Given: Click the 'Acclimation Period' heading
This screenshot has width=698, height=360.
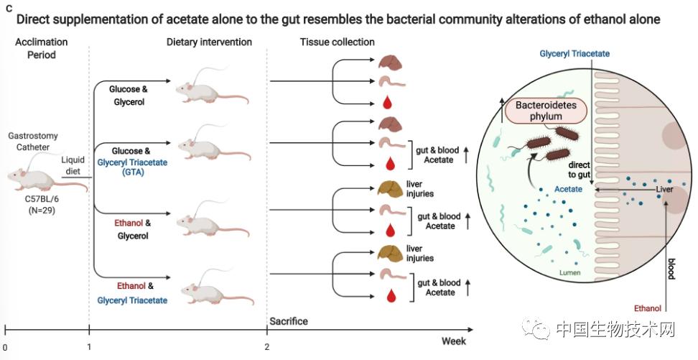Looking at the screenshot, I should (x=41, y=48).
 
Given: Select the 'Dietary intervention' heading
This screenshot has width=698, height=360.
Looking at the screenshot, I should (x=209, y=42).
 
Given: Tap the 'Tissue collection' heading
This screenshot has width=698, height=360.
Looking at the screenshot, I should (x=337, y=42).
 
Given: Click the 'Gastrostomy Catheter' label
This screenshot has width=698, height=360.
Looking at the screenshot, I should (x=33, y=141).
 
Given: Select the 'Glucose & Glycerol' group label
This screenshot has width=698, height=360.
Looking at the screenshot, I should (x=129, y=96).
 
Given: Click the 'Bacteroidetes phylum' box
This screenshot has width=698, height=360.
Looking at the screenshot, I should (x=545, y=110).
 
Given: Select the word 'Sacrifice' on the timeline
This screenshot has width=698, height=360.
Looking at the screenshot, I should (x=288, y=321).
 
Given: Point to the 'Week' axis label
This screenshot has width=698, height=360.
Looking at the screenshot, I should (x=453, y=341).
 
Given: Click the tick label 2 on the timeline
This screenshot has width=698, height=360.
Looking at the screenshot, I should (x=266, y=346).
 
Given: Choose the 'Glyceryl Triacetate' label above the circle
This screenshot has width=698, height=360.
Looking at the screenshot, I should (x=574, y=55).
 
